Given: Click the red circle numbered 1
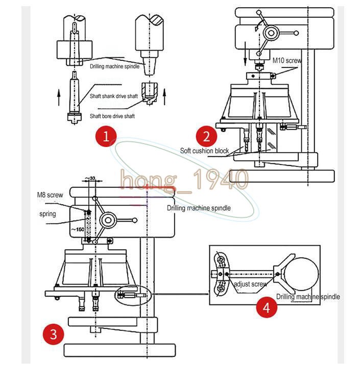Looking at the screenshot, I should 106,136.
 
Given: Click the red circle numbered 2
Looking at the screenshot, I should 206,136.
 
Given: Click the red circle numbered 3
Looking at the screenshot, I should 54,335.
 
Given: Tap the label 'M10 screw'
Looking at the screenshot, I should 287,61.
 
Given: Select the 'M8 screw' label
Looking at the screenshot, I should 50,195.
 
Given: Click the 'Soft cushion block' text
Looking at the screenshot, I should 204,151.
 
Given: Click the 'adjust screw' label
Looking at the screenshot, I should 250,284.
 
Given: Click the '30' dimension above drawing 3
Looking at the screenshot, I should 91,178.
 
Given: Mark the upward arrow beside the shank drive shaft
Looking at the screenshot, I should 59,95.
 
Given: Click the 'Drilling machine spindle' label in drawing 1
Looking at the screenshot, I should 114,66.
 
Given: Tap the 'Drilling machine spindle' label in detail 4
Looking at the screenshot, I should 308,297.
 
